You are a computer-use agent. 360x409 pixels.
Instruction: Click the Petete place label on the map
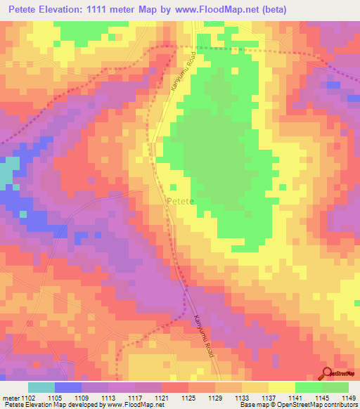click(x=180, y=202)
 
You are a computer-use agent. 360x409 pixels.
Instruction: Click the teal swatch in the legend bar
click(x=41, y=387)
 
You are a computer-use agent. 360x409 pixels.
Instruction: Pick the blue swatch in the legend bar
click(x=68, y=387)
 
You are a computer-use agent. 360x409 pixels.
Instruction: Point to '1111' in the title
click(x=126, y=9)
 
